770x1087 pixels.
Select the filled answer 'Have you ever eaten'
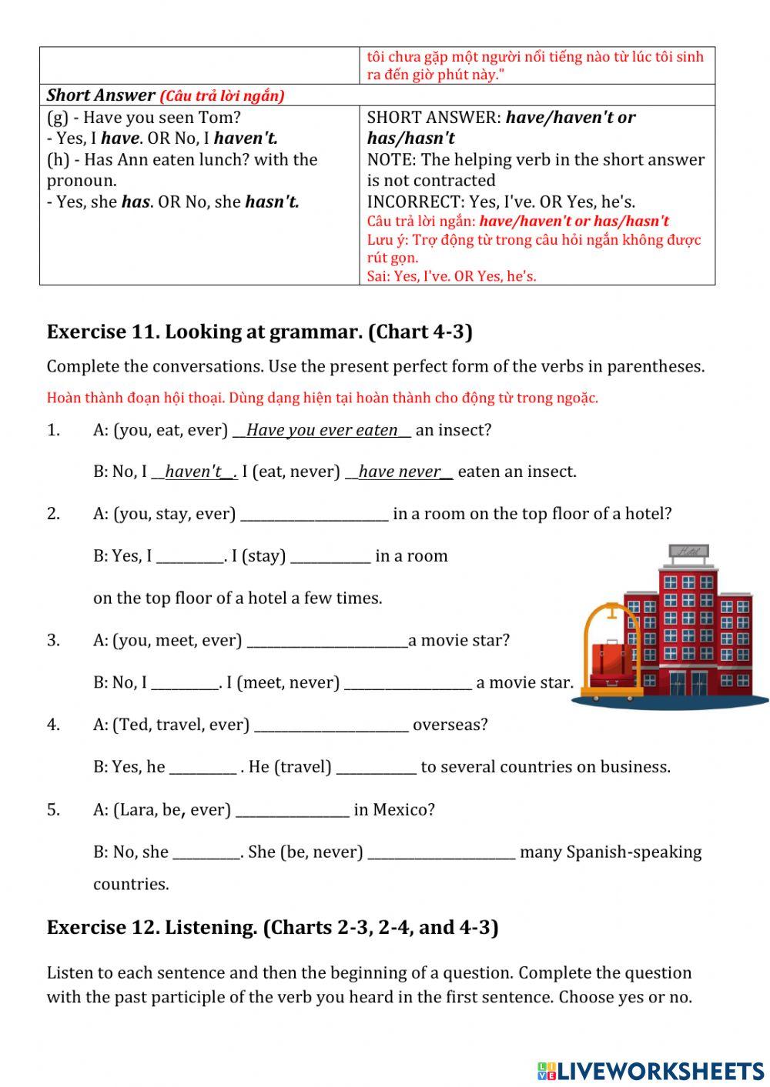pos(322,430)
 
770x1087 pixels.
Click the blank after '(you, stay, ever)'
pos(314,514)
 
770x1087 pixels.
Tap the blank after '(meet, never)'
pos(407,683)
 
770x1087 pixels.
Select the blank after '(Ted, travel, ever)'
pos(331,725)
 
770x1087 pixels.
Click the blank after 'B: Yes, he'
pos(202,768)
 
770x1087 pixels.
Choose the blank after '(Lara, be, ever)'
pos(292,810)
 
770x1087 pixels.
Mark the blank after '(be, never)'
pos(441,852)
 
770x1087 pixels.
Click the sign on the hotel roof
pos(689,551)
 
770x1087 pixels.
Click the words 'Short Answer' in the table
pos(100,95)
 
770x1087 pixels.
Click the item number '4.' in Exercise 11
pos(53,725)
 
